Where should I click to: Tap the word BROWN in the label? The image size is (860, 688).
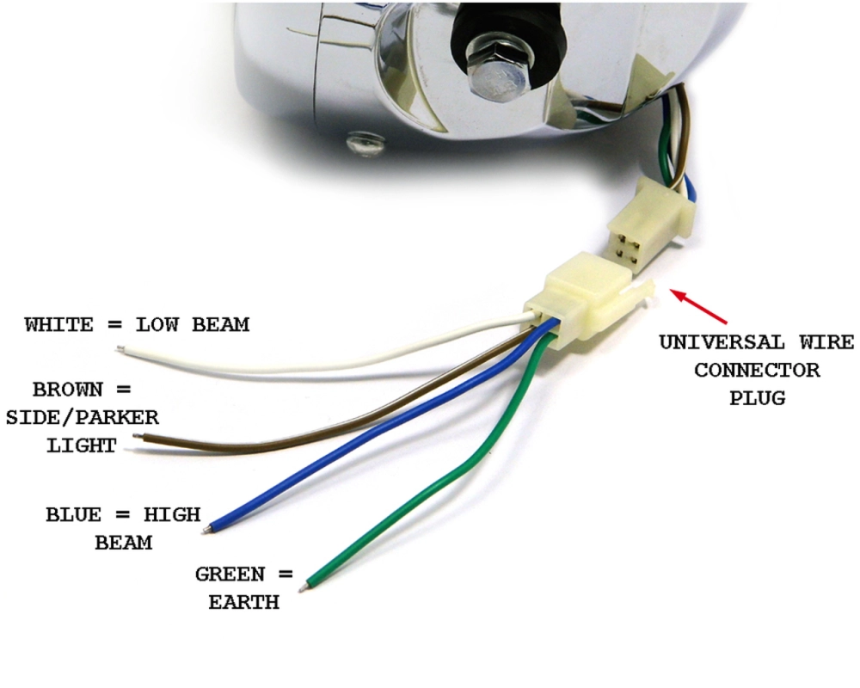(x=67, y=389)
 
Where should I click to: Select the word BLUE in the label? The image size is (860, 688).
(x=75, y=515)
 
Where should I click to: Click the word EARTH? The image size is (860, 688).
(x=243, y=602)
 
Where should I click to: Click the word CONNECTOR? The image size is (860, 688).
(x=757, y=371)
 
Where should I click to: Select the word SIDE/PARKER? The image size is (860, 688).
(x=82, y=418)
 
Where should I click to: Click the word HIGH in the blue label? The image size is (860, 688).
(x=171, y=515)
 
